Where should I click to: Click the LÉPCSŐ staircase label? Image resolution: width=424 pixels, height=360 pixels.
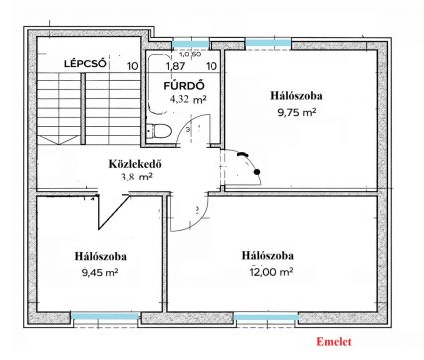85,63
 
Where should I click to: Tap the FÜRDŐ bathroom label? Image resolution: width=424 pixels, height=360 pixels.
184,85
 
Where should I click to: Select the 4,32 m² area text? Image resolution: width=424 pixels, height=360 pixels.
188,99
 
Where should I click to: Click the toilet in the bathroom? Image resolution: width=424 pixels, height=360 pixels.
159,130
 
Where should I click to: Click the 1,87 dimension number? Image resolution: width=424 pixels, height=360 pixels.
175,66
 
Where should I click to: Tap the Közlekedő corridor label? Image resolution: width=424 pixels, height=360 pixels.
135,164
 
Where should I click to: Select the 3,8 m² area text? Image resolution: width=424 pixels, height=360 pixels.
137,177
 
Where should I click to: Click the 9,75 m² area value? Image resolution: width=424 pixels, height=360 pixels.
297,112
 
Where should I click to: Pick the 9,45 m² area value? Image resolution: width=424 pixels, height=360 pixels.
100,273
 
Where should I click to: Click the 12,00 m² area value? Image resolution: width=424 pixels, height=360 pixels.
271,272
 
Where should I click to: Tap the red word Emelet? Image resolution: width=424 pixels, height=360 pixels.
333,342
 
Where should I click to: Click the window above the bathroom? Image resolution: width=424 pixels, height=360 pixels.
190,43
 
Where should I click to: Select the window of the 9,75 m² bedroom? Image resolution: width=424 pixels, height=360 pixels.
268,43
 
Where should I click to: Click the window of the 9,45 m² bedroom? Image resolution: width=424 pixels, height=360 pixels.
106,316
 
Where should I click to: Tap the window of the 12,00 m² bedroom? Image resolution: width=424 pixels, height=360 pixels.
266,317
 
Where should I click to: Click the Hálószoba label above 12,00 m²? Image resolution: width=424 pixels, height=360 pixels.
268,256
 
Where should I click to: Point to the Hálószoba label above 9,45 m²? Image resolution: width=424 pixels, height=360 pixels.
100,256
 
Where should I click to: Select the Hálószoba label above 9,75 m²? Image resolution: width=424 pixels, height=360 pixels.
296,96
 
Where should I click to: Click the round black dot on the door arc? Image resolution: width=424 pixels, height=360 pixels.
256,172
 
